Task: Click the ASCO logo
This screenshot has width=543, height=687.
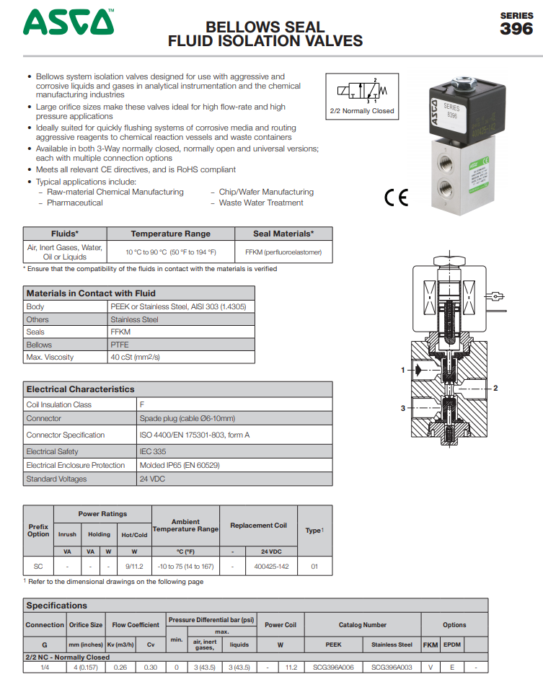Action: tap(69, 22)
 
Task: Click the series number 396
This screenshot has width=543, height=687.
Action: tap(516, 29)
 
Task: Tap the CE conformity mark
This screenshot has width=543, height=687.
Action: tap(396, 198)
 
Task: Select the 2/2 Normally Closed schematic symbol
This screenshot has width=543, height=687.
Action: tap(362, 92)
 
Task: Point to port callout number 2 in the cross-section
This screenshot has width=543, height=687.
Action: tap(495, 388)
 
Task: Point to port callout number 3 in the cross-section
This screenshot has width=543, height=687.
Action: tap(402, 408)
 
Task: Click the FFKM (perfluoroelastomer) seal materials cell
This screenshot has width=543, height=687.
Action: tap(283, 252)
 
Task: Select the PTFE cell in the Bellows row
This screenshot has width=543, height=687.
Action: tap(120, 345)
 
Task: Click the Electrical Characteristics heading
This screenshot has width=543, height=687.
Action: tap(80, 389)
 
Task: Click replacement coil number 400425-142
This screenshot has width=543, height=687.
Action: tap(271, 567)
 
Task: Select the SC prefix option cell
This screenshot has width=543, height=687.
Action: tap(38, 567)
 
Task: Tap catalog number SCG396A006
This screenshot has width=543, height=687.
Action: tap(333, 668)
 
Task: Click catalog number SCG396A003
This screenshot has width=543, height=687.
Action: tap(392, 668)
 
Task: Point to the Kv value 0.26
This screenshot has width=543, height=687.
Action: tap(120, 668)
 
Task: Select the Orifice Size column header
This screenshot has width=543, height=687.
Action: tap(86, 624)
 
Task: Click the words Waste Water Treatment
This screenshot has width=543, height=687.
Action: tap(261, 203)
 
